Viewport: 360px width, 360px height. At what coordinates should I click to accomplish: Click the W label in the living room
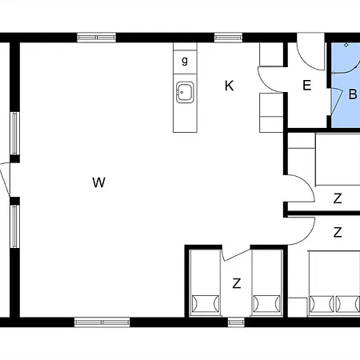coord(98,182)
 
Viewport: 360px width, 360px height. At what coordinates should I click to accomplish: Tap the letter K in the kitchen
coord(230,86)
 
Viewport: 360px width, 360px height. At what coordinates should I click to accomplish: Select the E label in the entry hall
coord(306,86)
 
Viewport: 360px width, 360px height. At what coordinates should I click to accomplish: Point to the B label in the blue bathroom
coord(352,94)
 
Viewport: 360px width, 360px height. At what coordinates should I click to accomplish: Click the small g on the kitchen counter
coord(185,61)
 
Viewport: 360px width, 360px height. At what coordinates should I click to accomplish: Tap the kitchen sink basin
coord(186,92)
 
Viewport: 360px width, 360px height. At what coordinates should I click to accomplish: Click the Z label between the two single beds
coord(236,283)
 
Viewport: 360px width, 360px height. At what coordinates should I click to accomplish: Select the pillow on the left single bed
coord(204,304)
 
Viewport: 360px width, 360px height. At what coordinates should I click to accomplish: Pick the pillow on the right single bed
coord(266,304)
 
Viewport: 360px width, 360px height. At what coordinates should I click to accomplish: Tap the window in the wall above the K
coord(229,37)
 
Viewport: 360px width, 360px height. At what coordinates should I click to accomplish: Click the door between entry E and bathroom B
coord(331,100)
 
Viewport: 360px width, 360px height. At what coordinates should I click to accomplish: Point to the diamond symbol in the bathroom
coord(346,46)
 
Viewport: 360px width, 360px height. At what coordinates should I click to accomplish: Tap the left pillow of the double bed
coord(322,304)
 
